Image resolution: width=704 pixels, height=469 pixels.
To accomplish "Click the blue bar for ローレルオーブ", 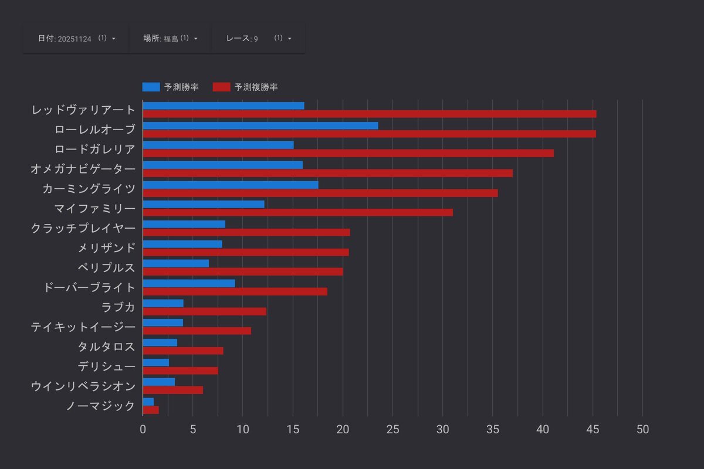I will (260, 125).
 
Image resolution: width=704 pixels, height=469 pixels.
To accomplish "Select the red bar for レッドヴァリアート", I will (370, 114).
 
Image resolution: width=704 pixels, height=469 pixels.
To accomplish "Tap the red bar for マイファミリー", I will (297, 212).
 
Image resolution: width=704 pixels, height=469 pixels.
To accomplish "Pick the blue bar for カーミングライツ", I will (231, 185).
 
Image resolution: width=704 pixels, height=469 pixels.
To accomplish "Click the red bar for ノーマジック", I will (151, 410).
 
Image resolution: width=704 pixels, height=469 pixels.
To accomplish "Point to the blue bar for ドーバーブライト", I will (189, 283).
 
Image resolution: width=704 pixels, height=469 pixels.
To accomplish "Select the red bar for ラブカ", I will (204, 311).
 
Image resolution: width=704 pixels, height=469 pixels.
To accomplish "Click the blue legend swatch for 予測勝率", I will (151, 87).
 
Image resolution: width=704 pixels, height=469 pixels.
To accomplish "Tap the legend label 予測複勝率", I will (256, 87).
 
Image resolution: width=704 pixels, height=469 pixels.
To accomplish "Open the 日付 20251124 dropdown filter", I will (76, 38).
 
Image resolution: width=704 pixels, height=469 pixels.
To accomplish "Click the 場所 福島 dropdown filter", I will (170, 38).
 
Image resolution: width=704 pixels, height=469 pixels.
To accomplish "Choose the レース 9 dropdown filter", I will (258, 38).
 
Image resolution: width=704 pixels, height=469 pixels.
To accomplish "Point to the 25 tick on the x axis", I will (392, 429).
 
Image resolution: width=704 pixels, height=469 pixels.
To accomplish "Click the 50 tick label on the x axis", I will (642, 429).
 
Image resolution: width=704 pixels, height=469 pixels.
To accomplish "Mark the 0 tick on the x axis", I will (143, 429).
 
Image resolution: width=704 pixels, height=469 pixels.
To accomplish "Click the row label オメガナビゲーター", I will (83, 169).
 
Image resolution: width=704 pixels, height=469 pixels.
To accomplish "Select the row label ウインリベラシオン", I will (83, 386).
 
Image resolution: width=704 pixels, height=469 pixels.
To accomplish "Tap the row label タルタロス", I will (107, 346).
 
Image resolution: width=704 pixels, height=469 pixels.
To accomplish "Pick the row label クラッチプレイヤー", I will (83, 228).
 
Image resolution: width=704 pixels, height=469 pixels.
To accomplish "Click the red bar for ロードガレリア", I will (348, 153).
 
